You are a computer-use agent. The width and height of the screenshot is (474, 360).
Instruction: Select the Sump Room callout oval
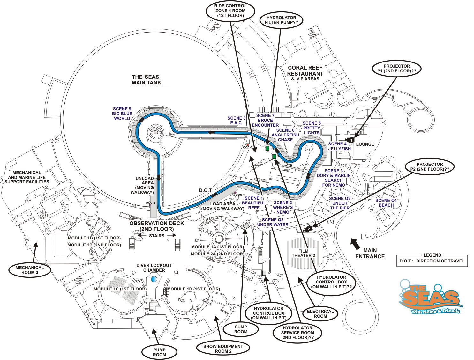click(x=241, y=329)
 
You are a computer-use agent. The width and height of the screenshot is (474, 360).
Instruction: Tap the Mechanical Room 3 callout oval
click(x=30, y=270)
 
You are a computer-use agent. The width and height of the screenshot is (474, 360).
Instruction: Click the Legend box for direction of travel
click(x=432, y=261)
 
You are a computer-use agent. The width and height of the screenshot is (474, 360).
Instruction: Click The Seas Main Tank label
click(x=146, y=80)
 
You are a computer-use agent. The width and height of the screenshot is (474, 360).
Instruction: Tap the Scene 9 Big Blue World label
click(x=121, y=114)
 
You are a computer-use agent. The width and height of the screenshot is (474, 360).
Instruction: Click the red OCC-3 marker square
click(x=247, y=145)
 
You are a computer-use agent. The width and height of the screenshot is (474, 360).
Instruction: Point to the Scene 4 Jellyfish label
click(x=339, y=146)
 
